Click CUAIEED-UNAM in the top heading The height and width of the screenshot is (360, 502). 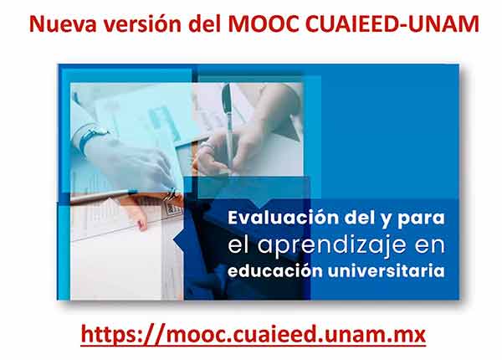(x=392, y=24)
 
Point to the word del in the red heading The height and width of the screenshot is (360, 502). (x=206, y=24)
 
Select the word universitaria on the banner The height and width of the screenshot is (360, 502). (x=386, y=271)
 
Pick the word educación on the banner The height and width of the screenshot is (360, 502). (x=274, y=271)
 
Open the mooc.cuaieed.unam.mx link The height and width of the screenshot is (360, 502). (x=254, y=334)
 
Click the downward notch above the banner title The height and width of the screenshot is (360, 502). (x=264, y=203)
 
